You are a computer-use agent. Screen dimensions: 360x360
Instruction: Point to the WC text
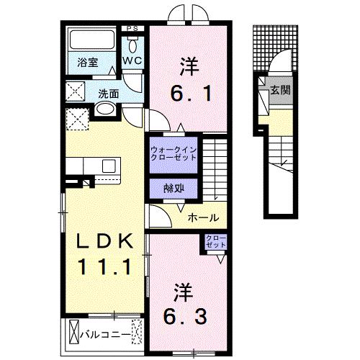[131, 60]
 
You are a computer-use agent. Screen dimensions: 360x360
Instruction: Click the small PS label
[131, 28]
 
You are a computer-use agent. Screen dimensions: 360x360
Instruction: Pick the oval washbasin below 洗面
[105, 109]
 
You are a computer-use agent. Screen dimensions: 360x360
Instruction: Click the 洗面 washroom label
[109, 94]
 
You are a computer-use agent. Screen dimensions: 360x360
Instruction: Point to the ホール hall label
[202, 217]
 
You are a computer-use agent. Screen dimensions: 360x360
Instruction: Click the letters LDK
[104, 240]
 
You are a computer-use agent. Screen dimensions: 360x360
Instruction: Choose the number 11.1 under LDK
[104, 268]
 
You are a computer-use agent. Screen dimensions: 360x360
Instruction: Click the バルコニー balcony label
[109, 335]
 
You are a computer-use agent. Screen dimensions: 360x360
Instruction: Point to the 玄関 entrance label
[281, 89]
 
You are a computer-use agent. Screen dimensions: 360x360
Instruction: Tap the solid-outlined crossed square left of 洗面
[74, 92]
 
